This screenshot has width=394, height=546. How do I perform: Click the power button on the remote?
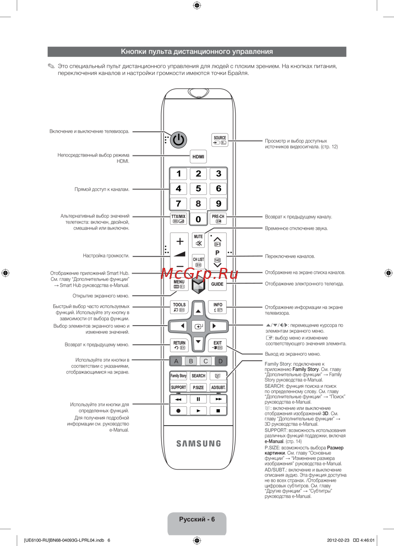(x=178, y=140)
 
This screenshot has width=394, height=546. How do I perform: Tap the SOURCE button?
(x=220, y=140)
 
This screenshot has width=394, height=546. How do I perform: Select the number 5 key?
(x=198, y=189)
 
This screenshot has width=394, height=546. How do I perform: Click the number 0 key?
(x=198, y=219)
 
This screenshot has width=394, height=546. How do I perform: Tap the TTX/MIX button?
(x=178, y=219)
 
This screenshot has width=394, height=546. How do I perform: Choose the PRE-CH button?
(x=218, y=219)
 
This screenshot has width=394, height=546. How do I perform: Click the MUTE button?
(x=198, y=240)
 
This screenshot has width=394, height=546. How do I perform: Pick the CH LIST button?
(x=198, y=262)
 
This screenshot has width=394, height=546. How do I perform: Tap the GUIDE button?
(x=217, y=284)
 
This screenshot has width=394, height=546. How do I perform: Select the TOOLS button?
(x=179, y=307)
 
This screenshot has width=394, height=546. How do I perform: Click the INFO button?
(x=218, y=307)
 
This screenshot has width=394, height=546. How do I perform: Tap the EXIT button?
(x=217, y=345)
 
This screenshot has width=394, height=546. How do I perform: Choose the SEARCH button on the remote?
(x=198, y=376)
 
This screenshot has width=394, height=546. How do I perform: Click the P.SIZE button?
(x=198, y=387)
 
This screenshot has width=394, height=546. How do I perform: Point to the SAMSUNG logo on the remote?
(x=199, y=443)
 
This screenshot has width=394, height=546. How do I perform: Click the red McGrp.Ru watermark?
(x=199, y=273)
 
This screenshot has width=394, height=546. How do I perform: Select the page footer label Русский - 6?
(x=197, y=519)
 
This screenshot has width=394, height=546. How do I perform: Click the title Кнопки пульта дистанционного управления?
(x=197, y=52)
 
